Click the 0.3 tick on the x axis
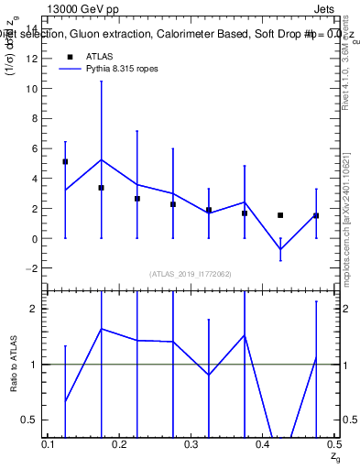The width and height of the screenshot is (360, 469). [x=191, y=444]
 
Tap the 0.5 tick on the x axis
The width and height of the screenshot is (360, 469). [x=333, y=444]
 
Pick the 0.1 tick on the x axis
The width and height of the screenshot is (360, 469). [x=49, y=444]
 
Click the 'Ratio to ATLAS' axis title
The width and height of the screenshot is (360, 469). [x=15, y=363]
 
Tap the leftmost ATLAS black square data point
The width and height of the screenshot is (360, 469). [x=65, y=161]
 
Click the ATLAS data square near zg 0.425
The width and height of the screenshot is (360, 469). [x=280, y=215]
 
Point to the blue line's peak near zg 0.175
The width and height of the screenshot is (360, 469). [x=101, y=159]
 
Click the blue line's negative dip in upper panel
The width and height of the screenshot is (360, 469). [x=280, y=249]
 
